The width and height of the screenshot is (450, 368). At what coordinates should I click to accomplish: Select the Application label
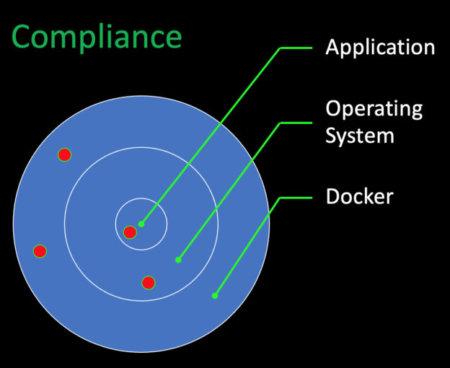380,48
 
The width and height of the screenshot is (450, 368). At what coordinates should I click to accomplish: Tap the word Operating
374,110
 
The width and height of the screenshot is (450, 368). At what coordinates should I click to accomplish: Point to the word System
360,136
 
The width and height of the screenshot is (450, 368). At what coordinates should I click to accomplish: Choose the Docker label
359,196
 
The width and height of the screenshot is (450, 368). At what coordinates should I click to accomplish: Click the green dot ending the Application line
141,224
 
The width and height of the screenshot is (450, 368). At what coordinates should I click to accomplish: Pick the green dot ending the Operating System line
178,260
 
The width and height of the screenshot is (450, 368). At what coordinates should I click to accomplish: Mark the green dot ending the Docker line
215,295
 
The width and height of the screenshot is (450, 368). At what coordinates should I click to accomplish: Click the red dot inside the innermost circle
130,232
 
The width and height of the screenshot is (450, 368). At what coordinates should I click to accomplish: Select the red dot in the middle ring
149,283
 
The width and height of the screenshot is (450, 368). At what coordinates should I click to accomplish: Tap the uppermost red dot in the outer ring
65,155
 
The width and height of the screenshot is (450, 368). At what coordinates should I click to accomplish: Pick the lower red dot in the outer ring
40,251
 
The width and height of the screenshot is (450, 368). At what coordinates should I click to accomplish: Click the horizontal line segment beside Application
296,48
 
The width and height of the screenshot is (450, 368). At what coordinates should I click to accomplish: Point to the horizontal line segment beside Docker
296,198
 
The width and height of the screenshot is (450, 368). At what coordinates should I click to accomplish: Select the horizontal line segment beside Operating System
296,123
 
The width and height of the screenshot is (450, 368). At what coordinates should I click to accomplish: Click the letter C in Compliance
21,37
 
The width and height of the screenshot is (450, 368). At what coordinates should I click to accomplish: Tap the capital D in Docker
333,196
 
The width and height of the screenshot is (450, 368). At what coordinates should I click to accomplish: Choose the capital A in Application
332,47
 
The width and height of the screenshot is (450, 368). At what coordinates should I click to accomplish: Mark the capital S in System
331,135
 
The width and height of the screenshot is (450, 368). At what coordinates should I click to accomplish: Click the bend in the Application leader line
281,48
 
